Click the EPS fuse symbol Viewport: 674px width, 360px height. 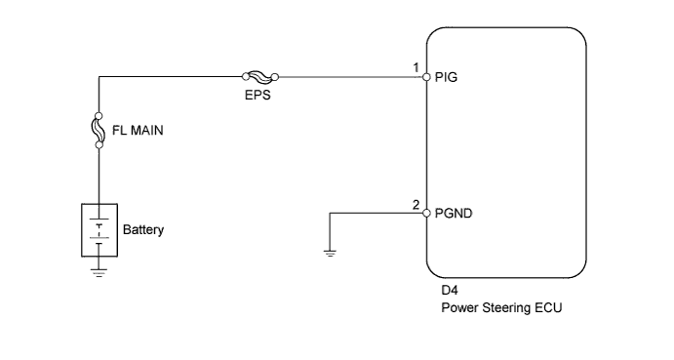click(x=261, y=75)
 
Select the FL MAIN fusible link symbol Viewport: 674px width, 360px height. click(x=99, y=129)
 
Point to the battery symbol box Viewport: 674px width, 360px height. click(x=99, y=230)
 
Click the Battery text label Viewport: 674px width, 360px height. click(x=143, y=231)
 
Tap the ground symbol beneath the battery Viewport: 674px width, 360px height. click(x=99, y=272)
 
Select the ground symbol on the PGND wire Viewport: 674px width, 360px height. click(x=330, y=253)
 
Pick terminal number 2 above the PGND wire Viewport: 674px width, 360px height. click(x=416, y=204)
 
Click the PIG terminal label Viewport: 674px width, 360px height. click(x=445, y=76)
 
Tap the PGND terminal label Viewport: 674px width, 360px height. click(x=452, y=214)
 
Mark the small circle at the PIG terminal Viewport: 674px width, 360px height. click(x=427, y=76)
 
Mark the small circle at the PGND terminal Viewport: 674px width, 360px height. click(x=427, y=214)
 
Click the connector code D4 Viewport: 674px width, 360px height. click(x=449, y=292)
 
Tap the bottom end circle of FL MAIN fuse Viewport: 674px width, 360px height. click(x=99, y=144)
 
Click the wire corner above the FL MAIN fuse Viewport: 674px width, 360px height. click(x=99, y=75)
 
